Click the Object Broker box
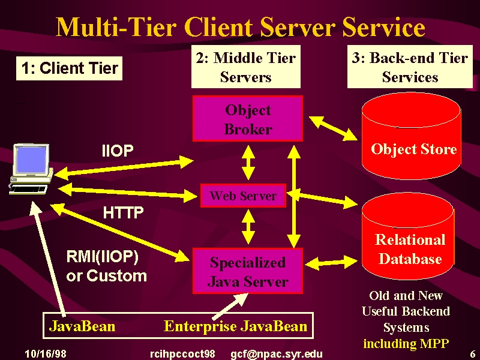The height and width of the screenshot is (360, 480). pyautogui.click(x=248, y=118)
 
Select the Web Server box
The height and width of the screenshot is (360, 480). pyautogui.click(x=243, y=196)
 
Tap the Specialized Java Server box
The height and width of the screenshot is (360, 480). pyautogui.click(x=248, y=271)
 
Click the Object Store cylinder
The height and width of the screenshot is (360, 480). pyautogui.click(x=411, y=137)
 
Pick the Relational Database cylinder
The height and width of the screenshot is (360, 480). pyautogui.click(x=408, y=236)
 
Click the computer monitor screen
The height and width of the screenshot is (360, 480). pyautogui.click(x=32, y=159)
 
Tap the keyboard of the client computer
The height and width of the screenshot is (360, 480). pyautogui.click(x=28, y=190)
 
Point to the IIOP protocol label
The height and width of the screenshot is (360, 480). pyautogui.click(x=118, y=151)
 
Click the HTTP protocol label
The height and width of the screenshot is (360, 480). pyautogui.click(x=123, y=212)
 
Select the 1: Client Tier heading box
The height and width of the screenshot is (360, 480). pyautogui.click(x=69, y=68)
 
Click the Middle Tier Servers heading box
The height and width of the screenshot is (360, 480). pyautogui.click(x=246, y=67)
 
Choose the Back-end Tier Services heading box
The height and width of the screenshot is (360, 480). pyautogui.click(x=410, y=67)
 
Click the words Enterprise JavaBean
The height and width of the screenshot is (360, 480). pyautogui.click(x=235, y=326)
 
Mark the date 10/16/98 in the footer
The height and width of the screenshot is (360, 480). pyautogui.click(x=46, y=354)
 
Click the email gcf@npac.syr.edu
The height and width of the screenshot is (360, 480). pyautogui.click(x=277, y=354)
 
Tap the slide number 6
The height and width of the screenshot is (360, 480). pyautogui.click(x=473, y=354)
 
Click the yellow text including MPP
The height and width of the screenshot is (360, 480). pyautogui.click(x=406, y=343)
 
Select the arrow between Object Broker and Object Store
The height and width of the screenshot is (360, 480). pyautogui.click(x=333, y=128)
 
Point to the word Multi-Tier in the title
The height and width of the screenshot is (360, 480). pyautogui.click(x=116, y=27)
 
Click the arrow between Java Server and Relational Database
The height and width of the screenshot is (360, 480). pyautogui.click(x=331, y=263)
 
